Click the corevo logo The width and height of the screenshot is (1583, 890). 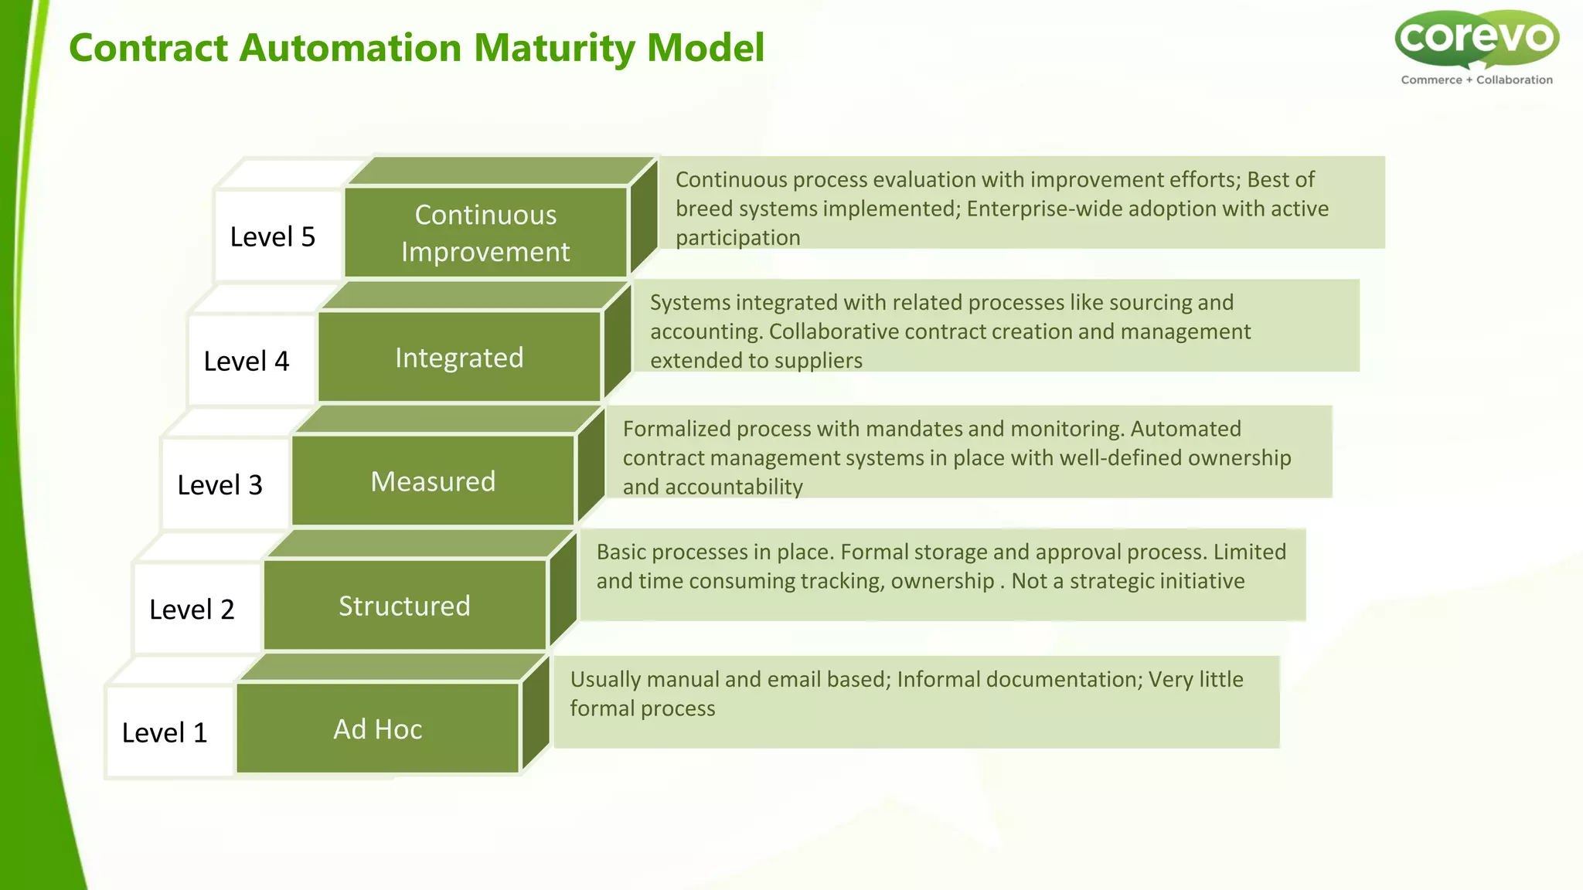point(1476,39)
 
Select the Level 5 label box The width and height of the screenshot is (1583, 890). point(273,236)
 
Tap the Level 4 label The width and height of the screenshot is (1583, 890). point(247,361)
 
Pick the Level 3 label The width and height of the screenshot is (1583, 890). point(220,485)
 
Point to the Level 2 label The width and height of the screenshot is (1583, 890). point(192,610)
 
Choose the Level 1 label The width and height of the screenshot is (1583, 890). point(165,732)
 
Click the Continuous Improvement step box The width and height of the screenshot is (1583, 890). point(485,233)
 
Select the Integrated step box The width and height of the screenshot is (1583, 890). point(459,358)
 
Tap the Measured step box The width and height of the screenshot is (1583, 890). point(433,481)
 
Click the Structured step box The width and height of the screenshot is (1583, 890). point(404,606)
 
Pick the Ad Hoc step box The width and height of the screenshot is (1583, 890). point(378,729)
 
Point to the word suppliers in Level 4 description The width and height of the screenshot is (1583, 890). point(819,361)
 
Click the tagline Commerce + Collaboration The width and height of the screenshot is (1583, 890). point(1476,80)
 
